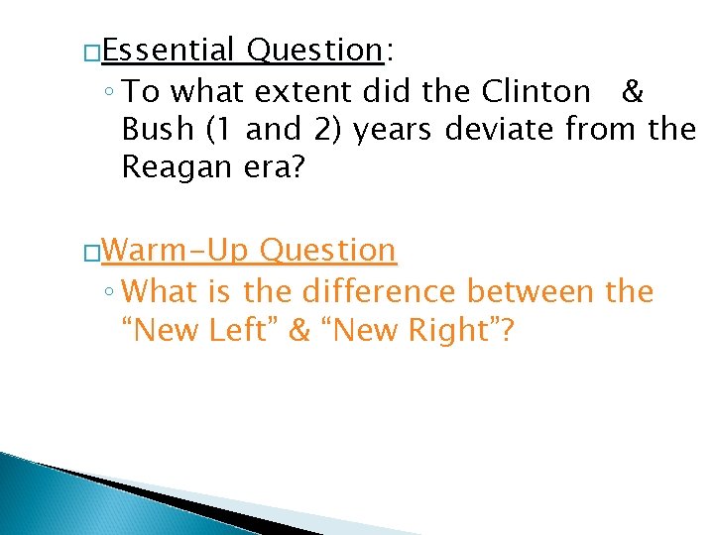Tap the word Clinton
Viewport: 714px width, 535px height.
coord(535,91)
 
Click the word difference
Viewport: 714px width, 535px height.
coord(376,291)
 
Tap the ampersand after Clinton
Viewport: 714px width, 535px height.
coord(632,91)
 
